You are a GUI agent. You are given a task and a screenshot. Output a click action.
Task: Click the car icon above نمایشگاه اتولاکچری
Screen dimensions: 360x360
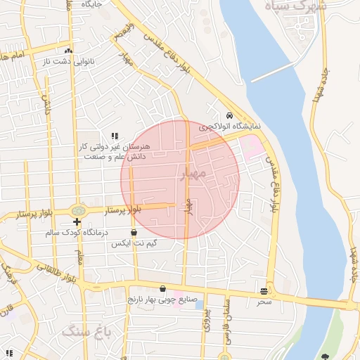tap(229, 116)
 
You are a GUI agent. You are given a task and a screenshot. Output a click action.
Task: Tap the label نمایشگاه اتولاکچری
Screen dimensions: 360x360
tap(229, 127)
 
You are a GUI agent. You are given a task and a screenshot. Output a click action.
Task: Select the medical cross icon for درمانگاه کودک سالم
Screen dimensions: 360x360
tap(77, 222)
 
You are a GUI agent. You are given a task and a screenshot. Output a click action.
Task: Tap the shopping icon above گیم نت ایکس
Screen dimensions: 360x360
tap(134, 232)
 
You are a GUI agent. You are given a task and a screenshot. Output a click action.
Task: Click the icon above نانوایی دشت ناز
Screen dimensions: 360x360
tap(68, 51)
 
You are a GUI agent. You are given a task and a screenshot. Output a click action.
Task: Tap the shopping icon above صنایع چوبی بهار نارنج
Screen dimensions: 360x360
tap(163, 288)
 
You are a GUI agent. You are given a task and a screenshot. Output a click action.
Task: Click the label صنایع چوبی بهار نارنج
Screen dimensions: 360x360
tap(158, 299)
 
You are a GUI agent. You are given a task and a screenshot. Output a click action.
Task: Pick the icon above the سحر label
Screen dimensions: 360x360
tap(264, 290)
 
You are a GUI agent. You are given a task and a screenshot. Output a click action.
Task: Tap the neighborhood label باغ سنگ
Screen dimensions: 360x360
tap(91, 330)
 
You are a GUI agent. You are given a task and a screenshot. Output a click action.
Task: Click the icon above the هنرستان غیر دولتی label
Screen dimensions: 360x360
tap(115, 136)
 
